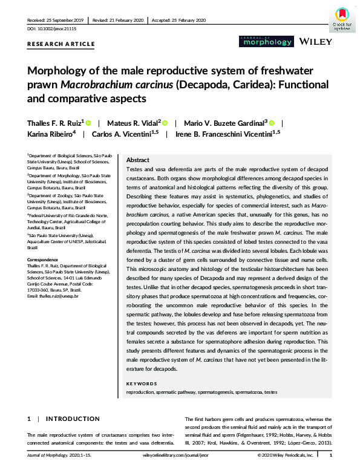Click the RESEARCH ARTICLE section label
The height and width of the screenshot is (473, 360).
[61, 44]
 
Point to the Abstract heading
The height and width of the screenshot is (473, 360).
[138, 160]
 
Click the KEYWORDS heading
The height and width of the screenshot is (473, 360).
[143, 384]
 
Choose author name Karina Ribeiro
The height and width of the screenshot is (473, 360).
[51, 134]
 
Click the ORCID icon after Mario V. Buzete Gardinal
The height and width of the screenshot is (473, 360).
[272, 123]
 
